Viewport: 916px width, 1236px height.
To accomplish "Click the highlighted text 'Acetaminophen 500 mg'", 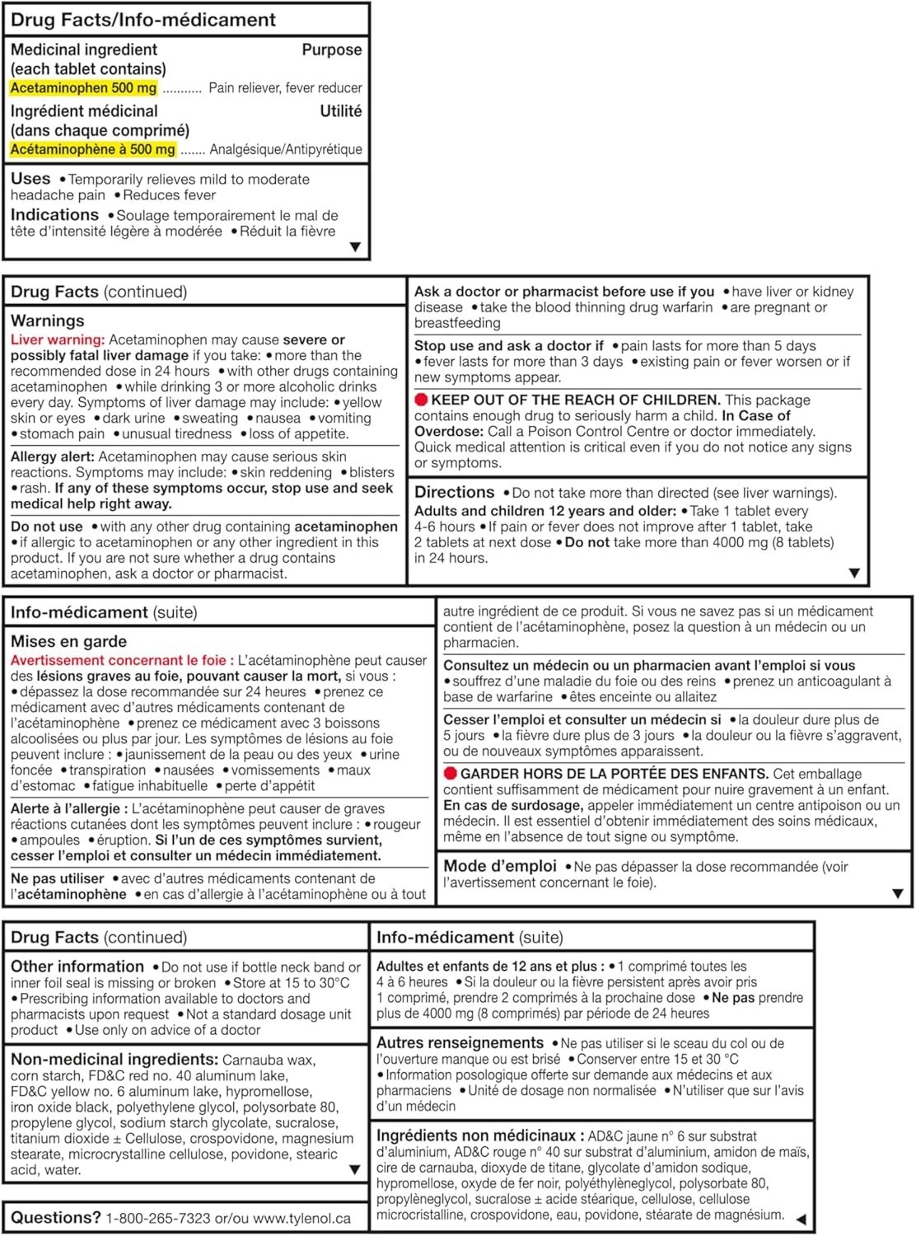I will [x=83, y=88].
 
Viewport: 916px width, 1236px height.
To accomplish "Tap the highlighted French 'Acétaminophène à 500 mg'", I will [x=93, y=149].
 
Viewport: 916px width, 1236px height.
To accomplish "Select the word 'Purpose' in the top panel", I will [x=331, y=50].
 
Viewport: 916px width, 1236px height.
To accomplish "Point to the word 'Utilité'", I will [x=340, y=111].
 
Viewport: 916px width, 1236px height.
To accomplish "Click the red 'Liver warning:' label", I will [x=58, y=339].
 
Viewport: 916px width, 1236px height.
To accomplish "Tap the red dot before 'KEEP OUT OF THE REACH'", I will [x=421, y=400].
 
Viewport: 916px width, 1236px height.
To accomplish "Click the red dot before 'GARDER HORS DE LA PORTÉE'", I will [x=450, y=774].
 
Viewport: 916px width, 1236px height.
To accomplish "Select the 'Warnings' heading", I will [x=48, y=321].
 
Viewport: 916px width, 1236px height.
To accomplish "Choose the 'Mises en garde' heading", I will [x=68, y=641].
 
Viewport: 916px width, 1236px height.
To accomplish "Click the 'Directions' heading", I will [x=454, y=492].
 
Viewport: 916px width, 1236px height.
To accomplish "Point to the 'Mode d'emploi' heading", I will [x=500, y=866].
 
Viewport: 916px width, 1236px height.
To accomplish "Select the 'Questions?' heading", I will [x=55, y=1217].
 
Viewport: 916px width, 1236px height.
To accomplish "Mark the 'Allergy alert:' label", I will [x=53, y=456].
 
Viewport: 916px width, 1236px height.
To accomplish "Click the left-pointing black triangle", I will [x=800, y=1219].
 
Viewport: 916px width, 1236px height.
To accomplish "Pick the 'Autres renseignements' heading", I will [x=460, y=1042].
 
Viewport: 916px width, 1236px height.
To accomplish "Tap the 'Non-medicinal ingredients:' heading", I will [x=114, y=1060].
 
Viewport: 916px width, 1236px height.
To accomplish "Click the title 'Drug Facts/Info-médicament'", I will [x=143, y=20].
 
